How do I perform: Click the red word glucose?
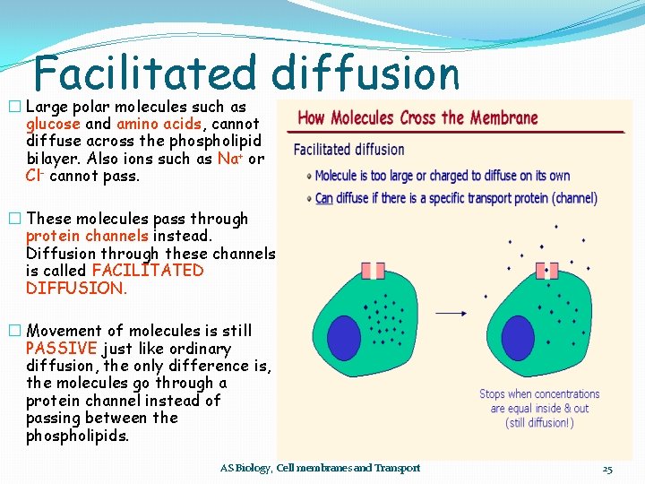(x=53, y=124)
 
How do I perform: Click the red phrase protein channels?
(x=87, y=236)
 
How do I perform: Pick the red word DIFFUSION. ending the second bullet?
(x=76, y=288)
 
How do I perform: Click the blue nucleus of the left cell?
(x=344, y=338)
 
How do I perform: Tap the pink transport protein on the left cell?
(x=374, y=270)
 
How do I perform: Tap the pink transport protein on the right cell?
(x=546, y=270)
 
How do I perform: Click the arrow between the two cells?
(x=453, y=313)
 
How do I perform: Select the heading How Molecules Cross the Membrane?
(x=417, y=117)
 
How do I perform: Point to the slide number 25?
(x=606, y=469)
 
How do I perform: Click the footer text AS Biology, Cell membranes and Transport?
(x=320, y=468)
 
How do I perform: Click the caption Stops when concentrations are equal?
(x=539, y=408)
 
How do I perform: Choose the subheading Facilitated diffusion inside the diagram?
(x=348, y=149)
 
